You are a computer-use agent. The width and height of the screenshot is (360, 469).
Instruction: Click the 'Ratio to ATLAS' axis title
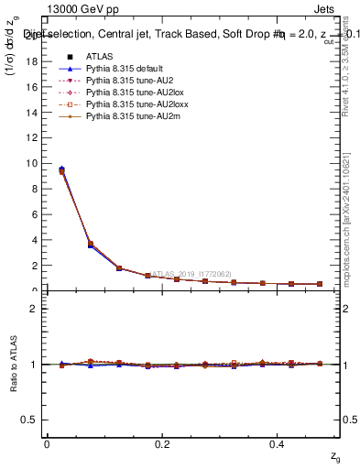(12, 364)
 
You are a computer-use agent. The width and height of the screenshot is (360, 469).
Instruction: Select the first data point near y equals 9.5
(61, 170)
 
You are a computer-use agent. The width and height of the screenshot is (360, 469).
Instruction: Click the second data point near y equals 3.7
(90, 244)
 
